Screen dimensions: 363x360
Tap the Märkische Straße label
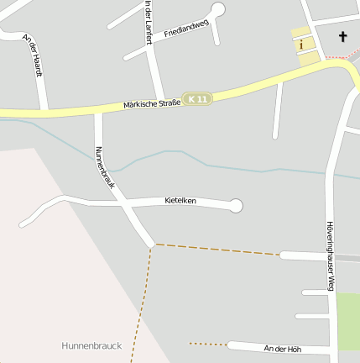pyautogui.click(x=152, y=104)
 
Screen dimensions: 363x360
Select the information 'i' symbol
pyautogui.click(x=301, y=44)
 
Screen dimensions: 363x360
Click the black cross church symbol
pyautogui.click(x=342, y=37)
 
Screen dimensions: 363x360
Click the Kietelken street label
pyautogui.click(x=180, y=201)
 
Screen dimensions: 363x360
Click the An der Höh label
pyautogui.click(x=281, y=348)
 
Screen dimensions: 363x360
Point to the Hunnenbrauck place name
pyautogui.click(x=91, y=345)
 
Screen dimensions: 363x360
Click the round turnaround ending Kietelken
pyautogui.click(x=236, y=205)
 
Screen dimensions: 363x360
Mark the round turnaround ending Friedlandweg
pyautogui.click(x=218, y=9)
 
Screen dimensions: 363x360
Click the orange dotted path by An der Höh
pyautogui.click(x=208, y=344)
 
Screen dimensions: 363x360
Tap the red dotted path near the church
pyautogui.click(x=339, y=56)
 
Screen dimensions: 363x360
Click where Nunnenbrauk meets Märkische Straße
pyautogui.click(x=97, y=110)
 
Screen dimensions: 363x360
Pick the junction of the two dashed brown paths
pyautogui.click(x=154, y=245)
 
